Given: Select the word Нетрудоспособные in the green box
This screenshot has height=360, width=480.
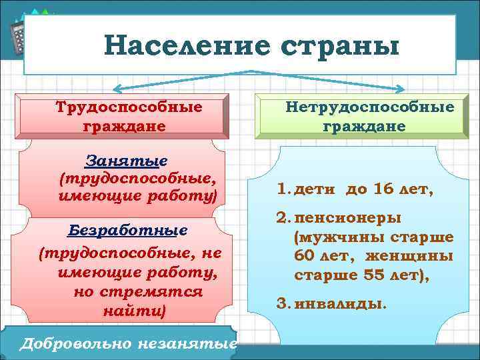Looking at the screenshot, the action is click(370, 107).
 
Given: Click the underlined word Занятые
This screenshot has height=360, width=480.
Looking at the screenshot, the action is click(127, 161).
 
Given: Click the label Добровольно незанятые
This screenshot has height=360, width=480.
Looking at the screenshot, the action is click(129, 344).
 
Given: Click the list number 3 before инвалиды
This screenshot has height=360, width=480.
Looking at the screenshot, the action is click(281, 304).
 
